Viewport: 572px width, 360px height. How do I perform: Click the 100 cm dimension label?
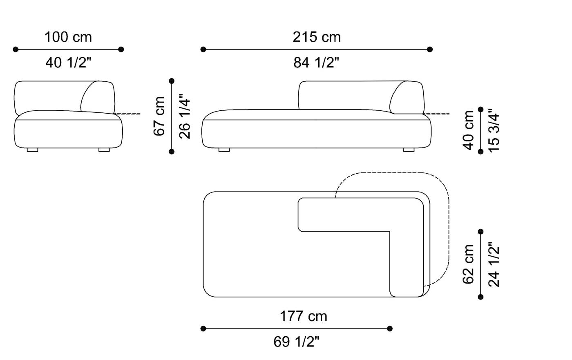(68, 37)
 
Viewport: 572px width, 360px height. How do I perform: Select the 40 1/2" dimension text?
(68, 63)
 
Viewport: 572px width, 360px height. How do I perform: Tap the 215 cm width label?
(316, 37)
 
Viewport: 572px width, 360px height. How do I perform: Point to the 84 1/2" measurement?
(316, 63)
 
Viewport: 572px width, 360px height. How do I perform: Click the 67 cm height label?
(160, 116)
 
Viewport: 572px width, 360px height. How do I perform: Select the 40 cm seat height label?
(469, 130)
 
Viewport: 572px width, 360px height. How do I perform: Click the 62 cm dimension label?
(469, 264)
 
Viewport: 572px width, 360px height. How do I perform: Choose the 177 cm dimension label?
(303, 316)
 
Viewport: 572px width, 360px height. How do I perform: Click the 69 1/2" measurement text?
(296, 342)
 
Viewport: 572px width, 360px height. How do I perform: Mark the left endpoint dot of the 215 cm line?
(203, 49)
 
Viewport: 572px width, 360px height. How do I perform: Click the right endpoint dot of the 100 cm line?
(121, 49)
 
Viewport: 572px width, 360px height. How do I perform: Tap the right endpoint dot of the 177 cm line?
(390, 329)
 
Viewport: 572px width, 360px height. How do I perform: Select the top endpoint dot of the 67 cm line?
(172, 81)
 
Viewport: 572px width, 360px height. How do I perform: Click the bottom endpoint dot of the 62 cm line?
(480, 297)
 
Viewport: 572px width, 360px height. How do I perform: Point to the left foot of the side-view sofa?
(32, 150)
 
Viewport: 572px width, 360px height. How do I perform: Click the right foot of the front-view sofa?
(409, 150)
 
